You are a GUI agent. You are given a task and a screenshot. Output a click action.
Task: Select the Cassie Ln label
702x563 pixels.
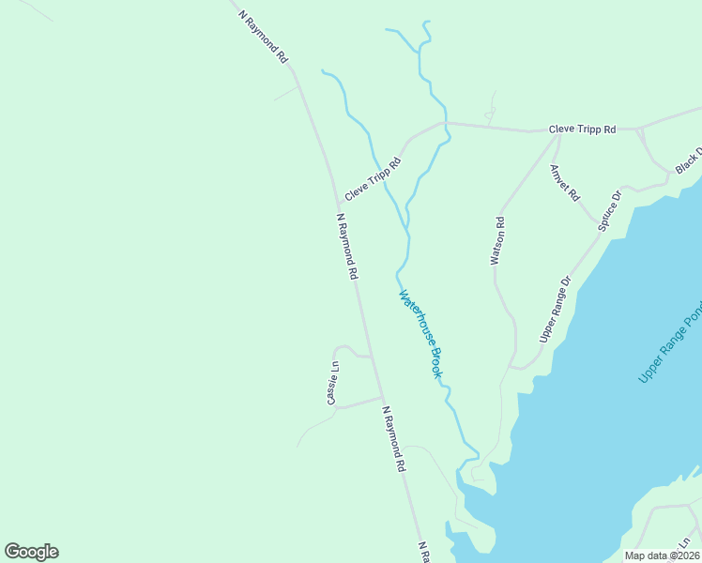click(332, 383)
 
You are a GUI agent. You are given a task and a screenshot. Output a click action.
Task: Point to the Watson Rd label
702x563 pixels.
click(498, 241)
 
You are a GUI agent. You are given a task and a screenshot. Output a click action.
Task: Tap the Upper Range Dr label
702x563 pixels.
click(555, 309)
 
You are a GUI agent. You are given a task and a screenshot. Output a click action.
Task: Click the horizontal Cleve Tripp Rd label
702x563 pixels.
click(582, 129)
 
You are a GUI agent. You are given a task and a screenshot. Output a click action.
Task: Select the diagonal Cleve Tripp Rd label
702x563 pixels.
click(373, 178)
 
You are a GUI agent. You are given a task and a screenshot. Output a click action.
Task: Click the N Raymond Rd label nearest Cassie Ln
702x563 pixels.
click(394, 438)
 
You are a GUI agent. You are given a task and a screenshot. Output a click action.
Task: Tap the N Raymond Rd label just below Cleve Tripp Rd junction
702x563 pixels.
click(347, 246)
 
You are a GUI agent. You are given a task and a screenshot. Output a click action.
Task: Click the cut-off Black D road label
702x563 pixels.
click(688, 160)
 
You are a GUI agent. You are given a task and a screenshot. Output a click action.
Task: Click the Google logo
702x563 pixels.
click(31, 552)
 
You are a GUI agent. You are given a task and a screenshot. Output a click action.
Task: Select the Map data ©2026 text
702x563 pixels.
click(661, 555)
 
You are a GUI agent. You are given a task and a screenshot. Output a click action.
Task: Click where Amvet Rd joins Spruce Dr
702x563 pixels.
click(598, 228)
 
